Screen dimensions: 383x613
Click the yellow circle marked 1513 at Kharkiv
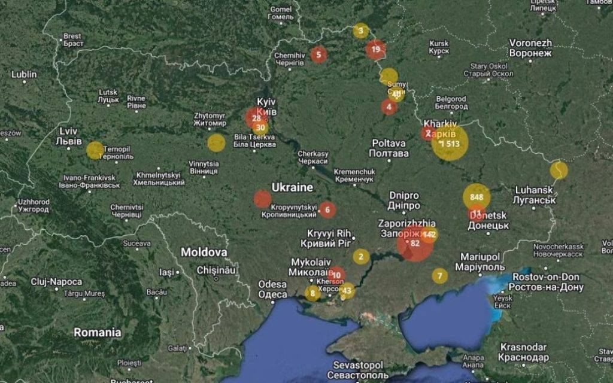(450, 144)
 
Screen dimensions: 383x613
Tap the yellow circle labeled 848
(477, 197)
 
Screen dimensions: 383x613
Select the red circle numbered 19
(376, 49)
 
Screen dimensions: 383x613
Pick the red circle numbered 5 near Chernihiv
(318, 54)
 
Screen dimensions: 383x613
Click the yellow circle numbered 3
(360, 31)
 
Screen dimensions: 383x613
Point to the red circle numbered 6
(327, 209)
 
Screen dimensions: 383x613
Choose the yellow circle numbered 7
(440, 275)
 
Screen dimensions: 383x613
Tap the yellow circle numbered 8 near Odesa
(312, 293)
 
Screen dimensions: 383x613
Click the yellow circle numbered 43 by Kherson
(347, 291)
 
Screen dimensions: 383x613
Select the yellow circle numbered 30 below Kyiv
(260, 127)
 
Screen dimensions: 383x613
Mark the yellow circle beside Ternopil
(95, 150)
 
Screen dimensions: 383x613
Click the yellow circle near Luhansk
(559, 170)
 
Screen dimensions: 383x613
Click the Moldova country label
(204, 252)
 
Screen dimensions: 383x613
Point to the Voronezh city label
(530, 48)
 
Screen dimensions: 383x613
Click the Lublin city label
(24, 75)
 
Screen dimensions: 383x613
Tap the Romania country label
(97, 332)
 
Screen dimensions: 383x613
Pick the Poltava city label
(389, 148)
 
